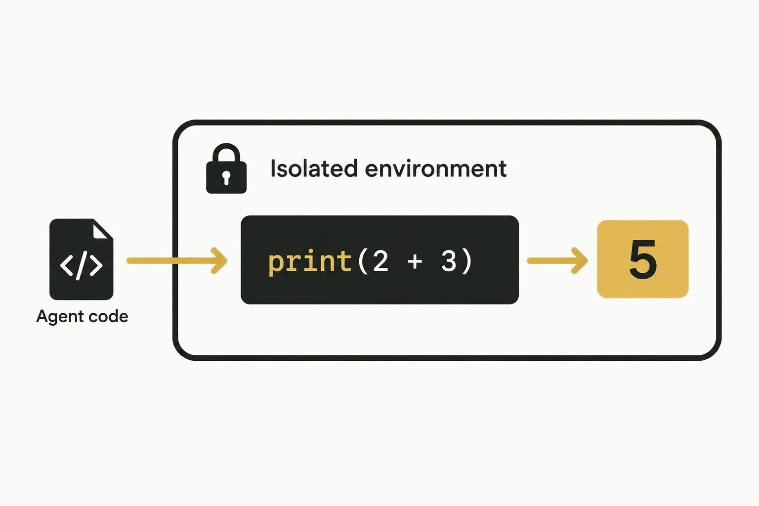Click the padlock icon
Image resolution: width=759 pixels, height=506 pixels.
click(226, 169)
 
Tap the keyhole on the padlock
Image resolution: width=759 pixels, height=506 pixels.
click(226, 177)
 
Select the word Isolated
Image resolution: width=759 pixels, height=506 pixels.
click(314, 169)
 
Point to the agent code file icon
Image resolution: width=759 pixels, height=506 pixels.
click(82, 259)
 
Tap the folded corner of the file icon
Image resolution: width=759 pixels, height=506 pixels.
click(102, 229)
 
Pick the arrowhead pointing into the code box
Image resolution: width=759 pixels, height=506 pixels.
click(219, 260)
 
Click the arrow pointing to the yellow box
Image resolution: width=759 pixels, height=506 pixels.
click(557, 260)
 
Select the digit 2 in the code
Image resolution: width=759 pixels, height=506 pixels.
click(380, 261)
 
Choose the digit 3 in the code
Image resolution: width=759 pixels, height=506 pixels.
click(449, 261)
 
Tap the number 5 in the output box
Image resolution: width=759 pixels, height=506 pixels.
click(643, 259)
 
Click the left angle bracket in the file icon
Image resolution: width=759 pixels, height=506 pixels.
click(66, 265)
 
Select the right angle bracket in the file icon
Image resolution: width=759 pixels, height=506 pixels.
click(96, 265)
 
